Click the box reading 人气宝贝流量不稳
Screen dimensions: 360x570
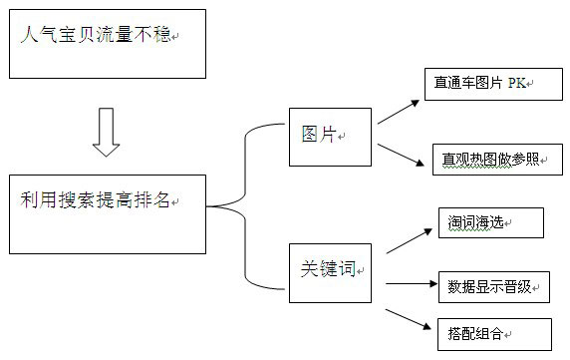[108, 44]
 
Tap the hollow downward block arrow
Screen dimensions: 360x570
[106, 132]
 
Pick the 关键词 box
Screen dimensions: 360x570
[331, 271]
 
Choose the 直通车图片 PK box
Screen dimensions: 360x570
[492, 85]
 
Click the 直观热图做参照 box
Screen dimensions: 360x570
[496, 159]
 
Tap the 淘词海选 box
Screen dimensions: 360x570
[490, 223]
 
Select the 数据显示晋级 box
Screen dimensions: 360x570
[493, 287]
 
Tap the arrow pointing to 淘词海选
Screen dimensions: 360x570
[408, 239]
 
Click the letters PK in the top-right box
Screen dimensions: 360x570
[516, 85]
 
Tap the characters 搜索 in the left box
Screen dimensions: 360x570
[74, 200]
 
